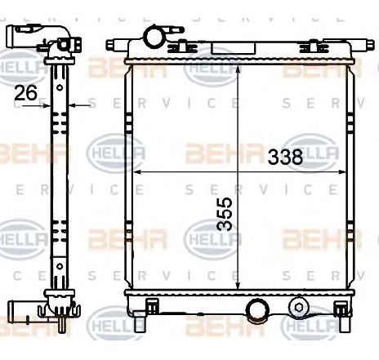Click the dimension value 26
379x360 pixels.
tap(26, 94)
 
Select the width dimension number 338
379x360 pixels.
tap(285, 158)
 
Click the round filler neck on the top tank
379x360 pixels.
tap(152, 38)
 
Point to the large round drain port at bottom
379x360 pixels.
tap(258, 311)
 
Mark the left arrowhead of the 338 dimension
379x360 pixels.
tap(136, 172)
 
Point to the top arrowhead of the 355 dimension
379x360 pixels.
tap(238, 67)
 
